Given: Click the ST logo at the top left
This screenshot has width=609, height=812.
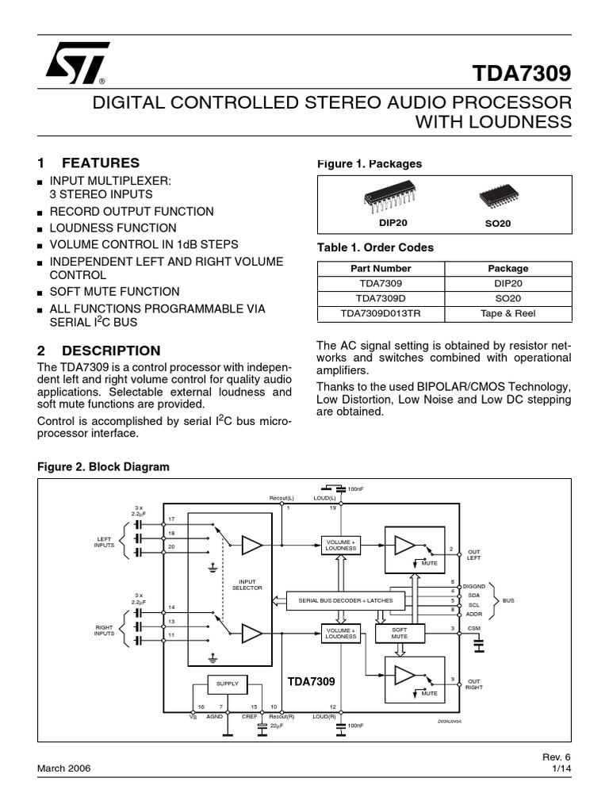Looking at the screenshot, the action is [x=75, y=63].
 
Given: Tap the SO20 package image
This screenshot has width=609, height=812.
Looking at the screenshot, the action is [x=498, y=199].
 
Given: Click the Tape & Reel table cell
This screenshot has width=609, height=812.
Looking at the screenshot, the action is [x=507, y=313].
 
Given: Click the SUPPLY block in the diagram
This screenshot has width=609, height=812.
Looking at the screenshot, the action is [x=228, y=683].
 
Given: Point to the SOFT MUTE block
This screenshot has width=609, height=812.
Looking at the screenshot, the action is [x=400, y=633].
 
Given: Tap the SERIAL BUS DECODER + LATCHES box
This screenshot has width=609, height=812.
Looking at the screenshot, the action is [x=345, y=600].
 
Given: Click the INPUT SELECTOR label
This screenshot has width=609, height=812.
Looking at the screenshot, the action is [x=244, y=584].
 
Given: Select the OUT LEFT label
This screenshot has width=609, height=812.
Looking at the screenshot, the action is [x=474, y=554].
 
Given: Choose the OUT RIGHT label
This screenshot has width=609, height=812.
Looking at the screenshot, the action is [x=474, y=684].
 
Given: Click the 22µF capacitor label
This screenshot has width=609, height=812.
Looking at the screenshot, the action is [x=277, y=726].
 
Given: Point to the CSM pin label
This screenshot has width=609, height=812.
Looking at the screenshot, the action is [x=474, y=630].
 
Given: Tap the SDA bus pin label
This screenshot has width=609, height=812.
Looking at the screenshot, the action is [x=474, y=594].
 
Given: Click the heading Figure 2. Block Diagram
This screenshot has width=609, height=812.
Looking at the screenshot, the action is [x=104, y=467].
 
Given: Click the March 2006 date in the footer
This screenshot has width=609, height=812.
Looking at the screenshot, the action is [x=64, y=768].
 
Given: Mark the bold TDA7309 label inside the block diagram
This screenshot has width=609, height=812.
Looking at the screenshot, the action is [x=311, y=681].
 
